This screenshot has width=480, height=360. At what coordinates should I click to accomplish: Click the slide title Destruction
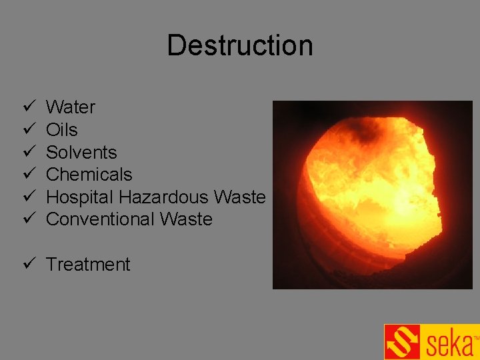239,45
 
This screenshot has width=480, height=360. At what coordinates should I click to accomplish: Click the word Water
71,107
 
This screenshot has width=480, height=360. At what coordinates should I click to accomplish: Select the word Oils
62,129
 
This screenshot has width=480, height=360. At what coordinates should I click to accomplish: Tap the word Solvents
81,152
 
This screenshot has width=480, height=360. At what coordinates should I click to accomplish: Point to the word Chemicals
89,175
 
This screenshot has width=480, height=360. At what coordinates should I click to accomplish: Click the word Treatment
88,265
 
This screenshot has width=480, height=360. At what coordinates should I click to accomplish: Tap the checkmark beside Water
27,107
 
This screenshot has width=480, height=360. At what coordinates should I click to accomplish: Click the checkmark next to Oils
27,129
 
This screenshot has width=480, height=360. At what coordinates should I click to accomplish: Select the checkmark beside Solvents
27,152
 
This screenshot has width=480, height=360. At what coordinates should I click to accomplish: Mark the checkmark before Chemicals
27,175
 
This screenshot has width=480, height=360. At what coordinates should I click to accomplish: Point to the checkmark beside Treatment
27,264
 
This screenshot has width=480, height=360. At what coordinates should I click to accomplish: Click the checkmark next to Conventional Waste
27,219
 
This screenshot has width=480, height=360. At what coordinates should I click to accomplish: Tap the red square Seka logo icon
403,342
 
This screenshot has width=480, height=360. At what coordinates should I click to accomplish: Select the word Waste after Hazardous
241,197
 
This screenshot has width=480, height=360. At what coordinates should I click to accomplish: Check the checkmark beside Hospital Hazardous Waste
27,197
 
